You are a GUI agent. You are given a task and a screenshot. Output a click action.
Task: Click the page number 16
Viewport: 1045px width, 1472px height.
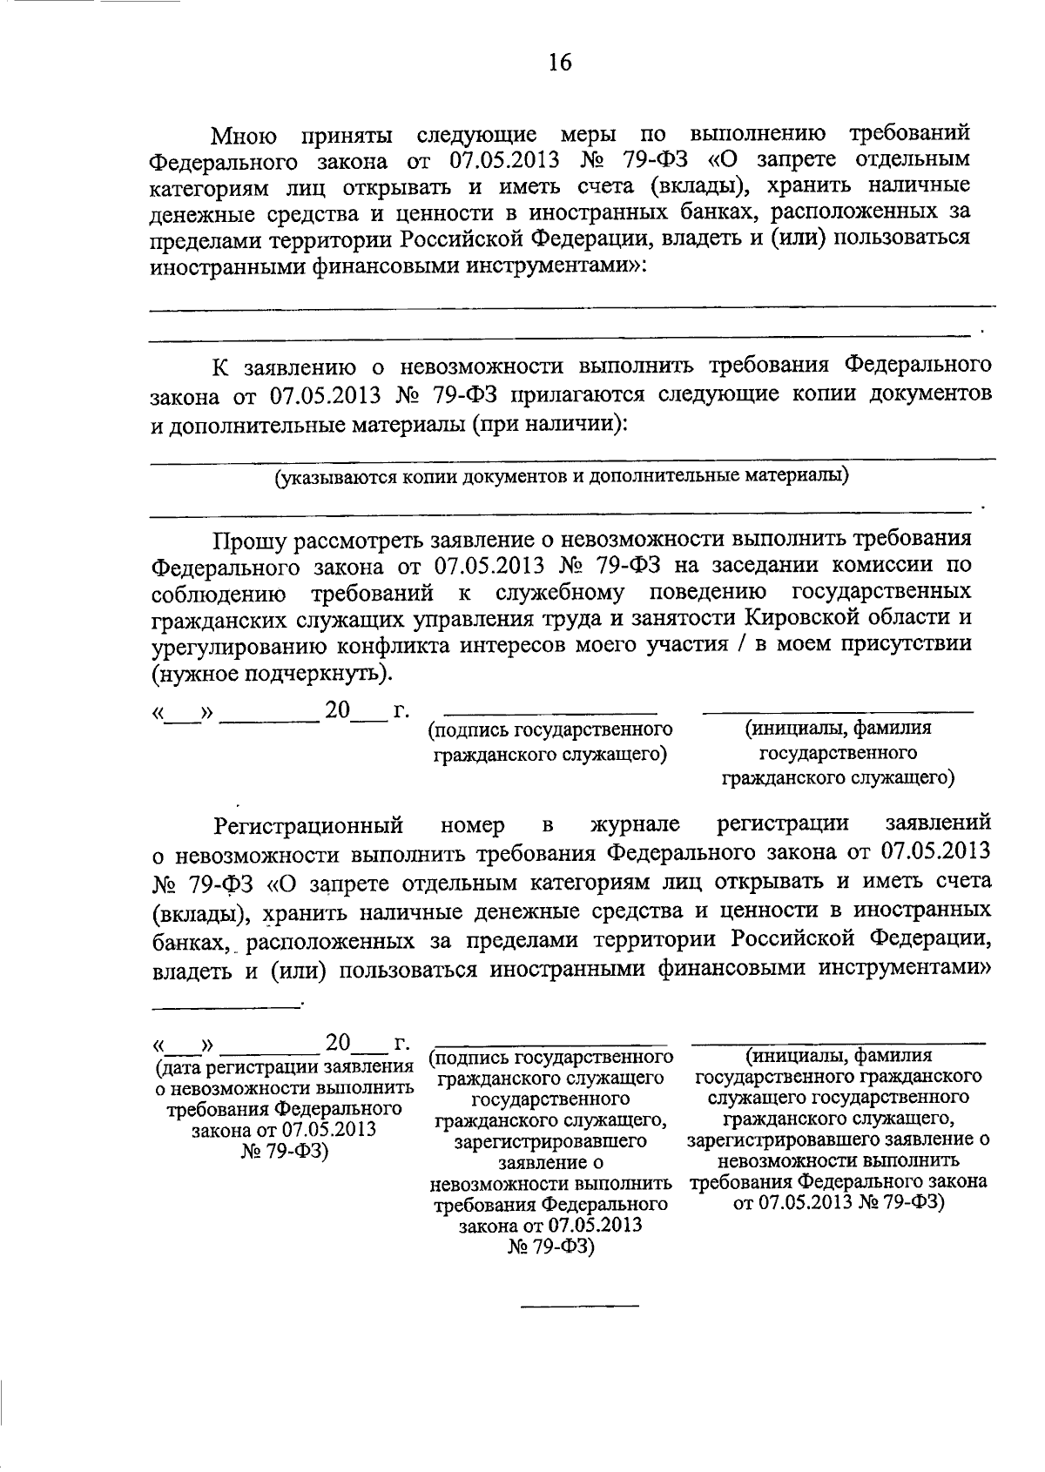560,62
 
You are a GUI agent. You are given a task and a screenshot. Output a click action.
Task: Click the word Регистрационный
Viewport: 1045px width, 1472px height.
309,824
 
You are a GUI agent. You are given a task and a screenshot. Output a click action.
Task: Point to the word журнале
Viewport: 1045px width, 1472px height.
635,824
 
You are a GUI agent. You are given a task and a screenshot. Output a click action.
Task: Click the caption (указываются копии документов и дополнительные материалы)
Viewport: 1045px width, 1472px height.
562,476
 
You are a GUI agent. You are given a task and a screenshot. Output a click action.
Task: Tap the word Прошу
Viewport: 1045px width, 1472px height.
250,539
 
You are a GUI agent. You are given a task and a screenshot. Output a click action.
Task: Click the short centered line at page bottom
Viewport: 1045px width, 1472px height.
579,1306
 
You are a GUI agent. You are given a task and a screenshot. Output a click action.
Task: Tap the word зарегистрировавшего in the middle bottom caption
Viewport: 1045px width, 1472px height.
550,1141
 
